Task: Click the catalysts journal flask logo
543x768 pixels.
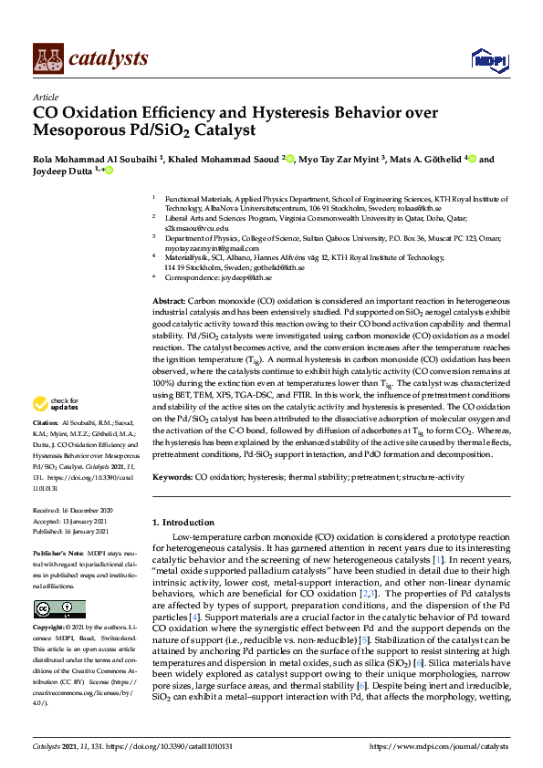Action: point(48,58)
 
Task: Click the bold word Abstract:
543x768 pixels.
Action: point(169,300)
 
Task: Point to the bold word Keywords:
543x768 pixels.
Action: point(172,477)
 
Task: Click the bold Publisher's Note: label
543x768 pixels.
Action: point(57,554)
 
